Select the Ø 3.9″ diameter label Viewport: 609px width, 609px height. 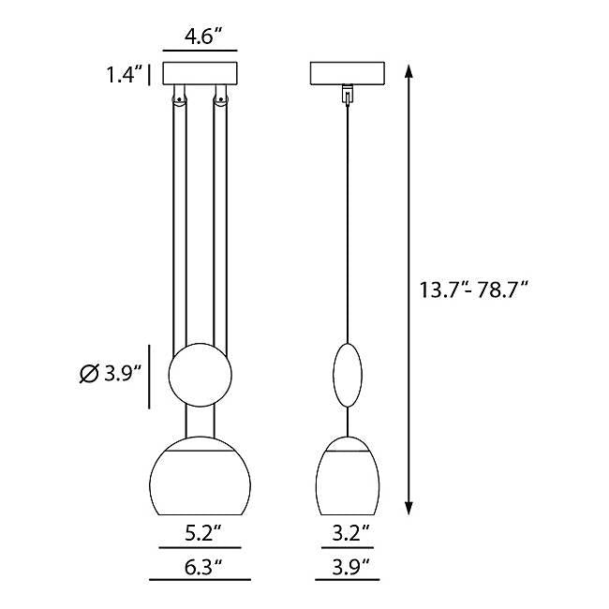pos(110,374)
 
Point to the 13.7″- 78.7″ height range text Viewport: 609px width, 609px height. pos(474,290)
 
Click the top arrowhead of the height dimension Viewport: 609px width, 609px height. pos(408,72)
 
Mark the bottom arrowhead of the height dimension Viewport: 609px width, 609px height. pos(408,508)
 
